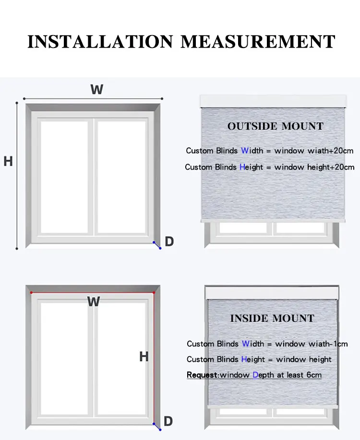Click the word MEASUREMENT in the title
tap(258, 41)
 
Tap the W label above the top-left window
tap(96, 89)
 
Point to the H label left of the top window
tap(8, 161)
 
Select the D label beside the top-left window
tap(169, 242)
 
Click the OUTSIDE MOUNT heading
tap(276, 126)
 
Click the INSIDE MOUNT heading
tap(272, 318)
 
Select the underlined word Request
tap(202, 375)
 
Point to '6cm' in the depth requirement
tap(313, 375)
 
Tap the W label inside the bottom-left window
tap(94, 302)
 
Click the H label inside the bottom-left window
tap(144, 357)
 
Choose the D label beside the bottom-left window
tap(168, 421)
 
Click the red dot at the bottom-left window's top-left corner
tap(31, 292)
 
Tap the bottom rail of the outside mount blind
tap(273, 220)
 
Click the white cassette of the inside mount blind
tap(272, 293)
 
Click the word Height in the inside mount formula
tap(253, 359)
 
